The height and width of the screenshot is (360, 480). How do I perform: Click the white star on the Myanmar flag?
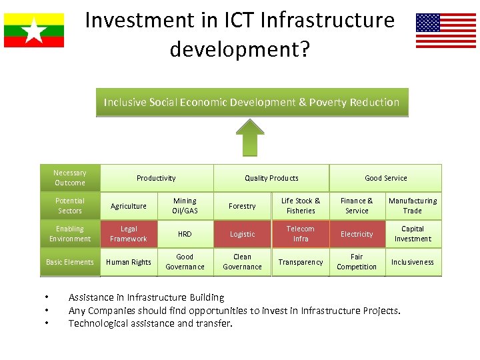33,30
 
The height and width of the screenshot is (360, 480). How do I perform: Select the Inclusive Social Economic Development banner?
251,102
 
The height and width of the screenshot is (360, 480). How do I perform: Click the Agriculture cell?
129,206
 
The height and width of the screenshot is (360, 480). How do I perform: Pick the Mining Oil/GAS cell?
185,206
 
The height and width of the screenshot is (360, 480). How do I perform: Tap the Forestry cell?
242,206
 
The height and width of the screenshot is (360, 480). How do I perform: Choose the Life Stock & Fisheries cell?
300,206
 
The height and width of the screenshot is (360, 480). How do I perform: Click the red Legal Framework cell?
129,234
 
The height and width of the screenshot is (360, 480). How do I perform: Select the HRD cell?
185,234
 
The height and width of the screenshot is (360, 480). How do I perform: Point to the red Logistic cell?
242,234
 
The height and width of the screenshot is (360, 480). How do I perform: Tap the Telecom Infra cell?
300,234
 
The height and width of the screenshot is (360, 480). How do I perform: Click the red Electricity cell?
357,234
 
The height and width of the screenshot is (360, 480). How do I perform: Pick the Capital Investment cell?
413,234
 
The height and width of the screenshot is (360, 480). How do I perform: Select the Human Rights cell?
129,262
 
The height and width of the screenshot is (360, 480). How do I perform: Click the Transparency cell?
300,262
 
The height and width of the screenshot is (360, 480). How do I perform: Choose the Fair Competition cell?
357,262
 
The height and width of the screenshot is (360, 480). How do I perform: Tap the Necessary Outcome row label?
70,178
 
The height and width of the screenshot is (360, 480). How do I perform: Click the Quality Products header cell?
271,178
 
